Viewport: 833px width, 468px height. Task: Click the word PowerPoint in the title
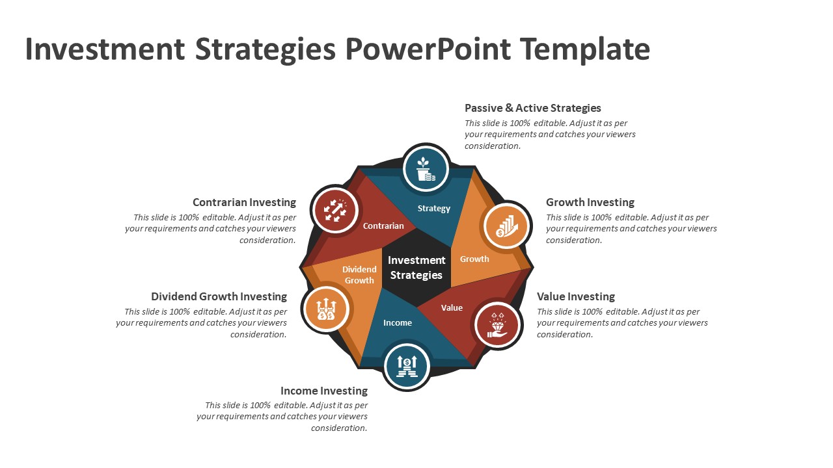click(428, 49)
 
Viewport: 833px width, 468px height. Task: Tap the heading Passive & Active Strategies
click(532, 108)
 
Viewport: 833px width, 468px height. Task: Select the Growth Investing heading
click(590, 202)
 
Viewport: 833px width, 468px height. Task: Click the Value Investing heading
click(576, 296)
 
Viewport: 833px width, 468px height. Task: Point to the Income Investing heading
click(324, 391)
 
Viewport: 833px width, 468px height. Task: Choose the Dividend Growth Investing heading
click(219, 296)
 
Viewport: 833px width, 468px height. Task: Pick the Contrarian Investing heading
click(244, 202)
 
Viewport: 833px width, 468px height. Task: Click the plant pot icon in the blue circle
click(426, 169)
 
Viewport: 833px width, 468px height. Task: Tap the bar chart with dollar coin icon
click(506, 226)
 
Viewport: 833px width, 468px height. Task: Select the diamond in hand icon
click(498, 325)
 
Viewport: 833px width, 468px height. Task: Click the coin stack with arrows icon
click(407, 367)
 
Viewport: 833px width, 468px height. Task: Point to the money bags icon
click(326, 309)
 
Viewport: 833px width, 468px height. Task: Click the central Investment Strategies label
click(416, 267)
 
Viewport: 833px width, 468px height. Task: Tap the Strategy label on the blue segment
click(433, 209)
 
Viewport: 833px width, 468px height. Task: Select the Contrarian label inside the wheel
click(383, 226)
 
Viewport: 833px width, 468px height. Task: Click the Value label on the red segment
click(452, 307)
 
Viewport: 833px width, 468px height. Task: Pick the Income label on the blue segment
click(398, 323)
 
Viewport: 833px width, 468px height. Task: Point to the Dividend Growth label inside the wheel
click(359, 275)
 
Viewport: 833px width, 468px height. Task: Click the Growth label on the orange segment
click(474, 259)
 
